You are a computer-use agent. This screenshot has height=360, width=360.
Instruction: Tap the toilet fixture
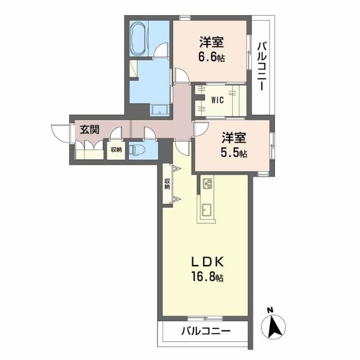138,150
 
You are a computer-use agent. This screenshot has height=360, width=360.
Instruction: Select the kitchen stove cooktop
207,183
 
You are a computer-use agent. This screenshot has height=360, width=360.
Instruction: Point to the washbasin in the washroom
160,109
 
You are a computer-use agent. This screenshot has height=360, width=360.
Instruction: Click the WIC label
218,100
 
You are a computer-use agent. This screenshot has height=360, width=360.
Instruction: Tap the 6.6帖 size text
211,57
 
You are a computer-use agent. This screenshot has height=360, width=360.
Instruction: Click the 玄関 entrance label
89,129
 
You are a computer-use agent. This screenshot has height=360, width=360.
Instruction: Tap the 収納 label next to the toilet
116,150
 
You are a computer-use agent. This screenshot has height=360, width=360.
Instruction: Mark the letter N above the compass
270,310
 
